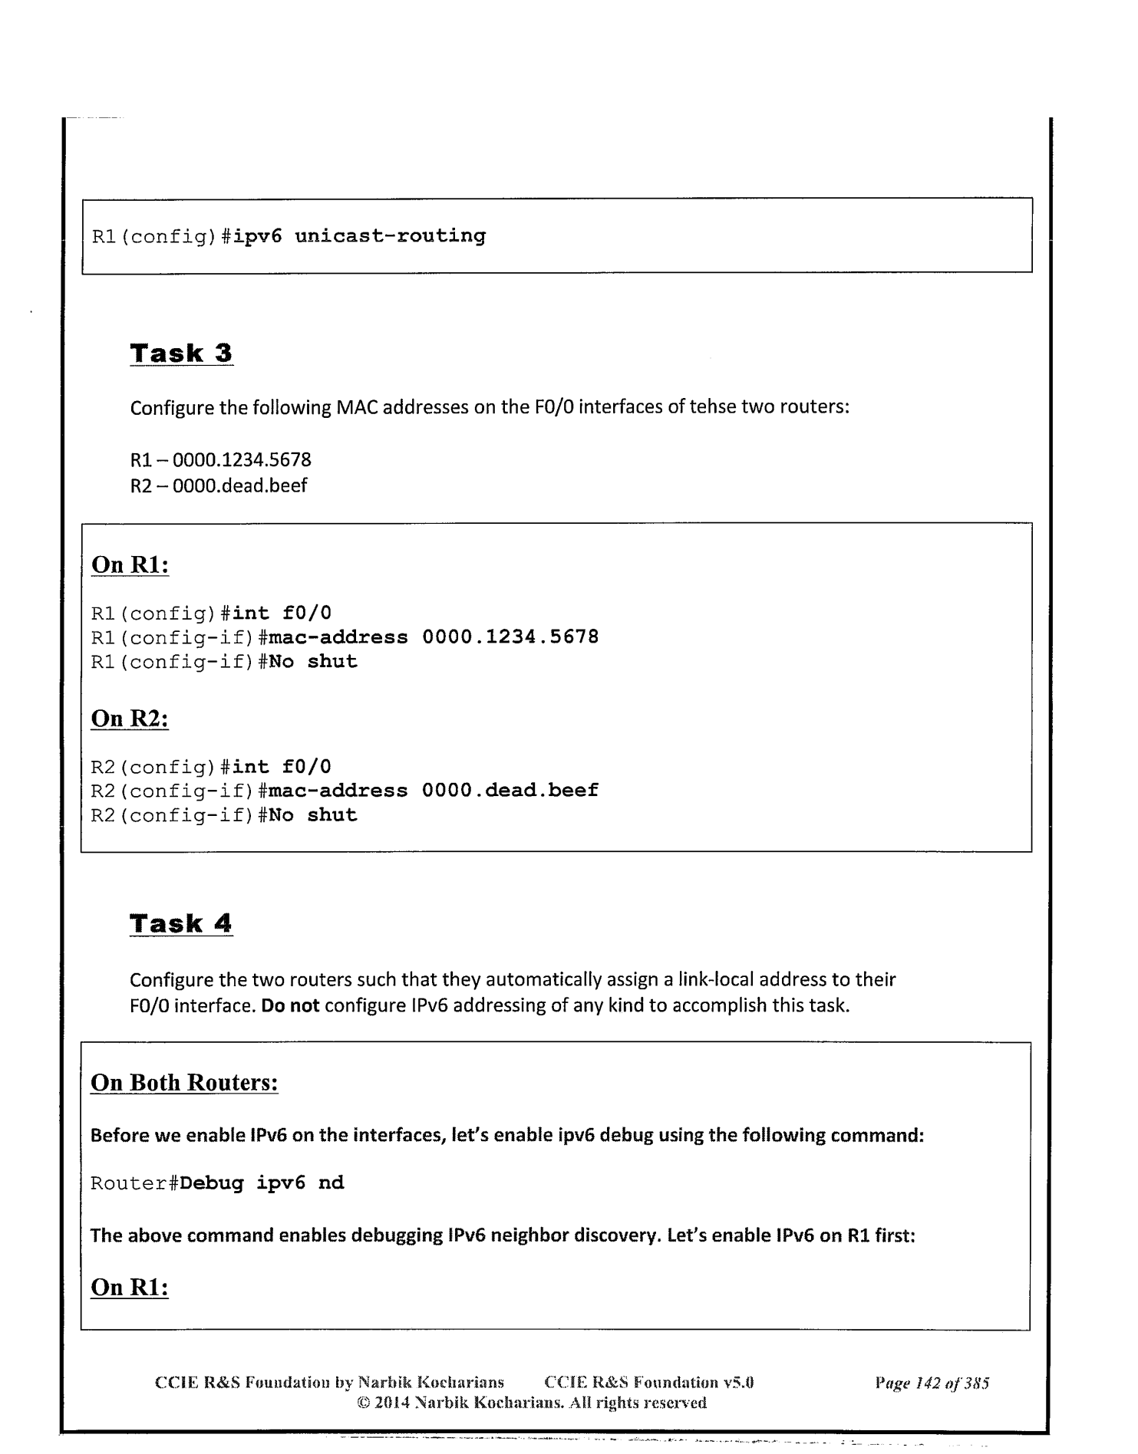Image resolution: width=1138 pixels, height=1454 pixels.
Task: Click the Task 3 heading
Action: [181, 354]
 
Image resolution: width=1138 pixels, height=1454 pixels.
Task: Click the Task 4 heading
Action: [181, 923]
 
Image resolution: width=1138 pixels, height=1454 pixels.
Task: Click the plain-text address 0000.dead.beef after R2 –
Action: [239, 485]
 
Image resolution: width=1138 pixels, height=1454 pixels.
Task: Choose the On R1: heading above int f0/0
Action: [130, 564]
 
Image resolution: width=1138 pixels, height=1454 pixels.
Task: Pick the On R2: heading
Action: [130, 719]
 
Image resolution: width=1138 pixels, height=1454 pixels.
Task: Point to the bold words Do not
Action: [290, 1005]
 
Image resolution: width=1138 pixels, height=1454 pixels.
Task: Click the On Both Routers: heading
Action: [184, 1083]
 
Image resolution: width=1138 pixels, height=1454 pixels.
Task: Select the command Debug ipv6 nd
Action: [262, 1183]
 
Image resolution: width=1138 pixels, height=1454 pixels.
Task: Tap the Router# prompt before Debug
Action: [134, 1183]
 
